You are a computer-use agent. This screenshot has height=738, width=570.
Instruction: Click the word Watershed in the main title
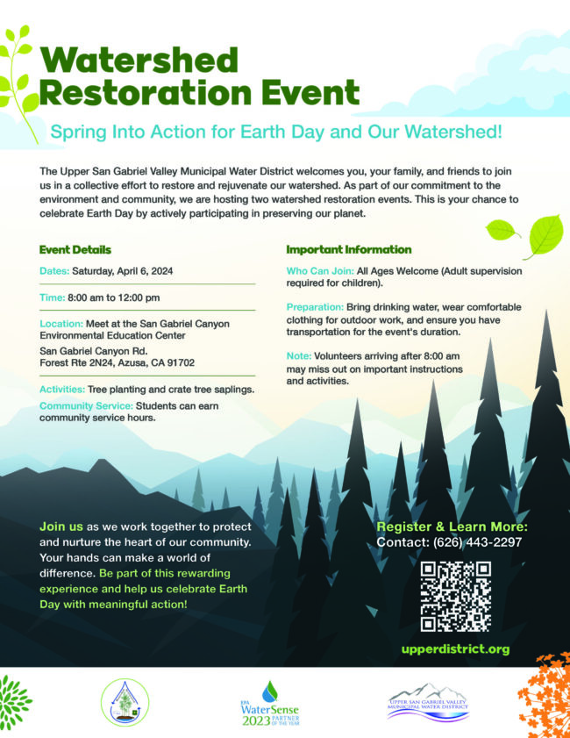click(139, 61)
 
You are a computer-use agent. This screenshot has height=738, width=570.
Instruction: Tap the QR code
click(455, 597)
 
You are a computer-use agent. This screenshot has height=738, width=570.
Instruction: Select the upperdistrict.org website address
click(455, 649)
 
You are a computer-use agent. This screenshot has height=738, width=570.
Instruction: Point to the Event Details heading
click(75, 249)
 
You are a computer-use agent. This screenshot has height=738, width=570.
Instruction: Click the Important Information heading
click(348, 249)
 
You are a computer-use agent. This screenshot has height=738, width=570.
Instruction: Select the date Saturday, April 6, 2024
click(122, 271)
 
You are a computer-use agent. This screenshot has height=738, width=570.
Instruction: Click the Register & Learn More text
click(452, 527)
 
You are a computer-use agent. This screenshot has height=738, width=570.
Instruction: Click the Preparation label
click(316, 307)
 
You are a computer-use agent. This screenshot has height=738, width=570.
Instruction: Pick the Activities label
click(61, 389)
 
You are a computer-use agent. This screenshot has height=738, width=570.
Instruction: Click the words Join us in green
click(61, 527)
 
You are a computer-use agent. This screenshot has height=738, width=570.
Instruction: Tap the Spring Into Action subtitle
click(276, 133)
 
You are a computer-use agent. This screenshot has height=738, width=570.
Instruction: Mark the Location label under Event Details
click(61, 324)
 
